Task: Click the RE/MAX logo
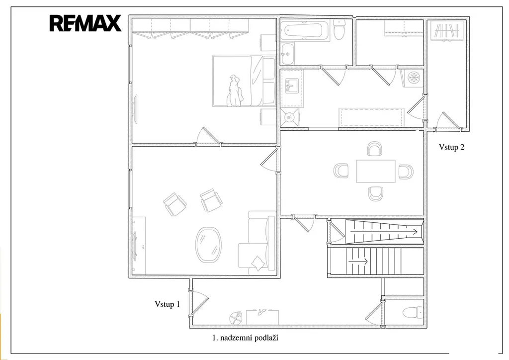pyautogui.click(x=85, y=23)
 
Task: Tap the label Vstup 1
pyautogui.click(x=167, y=304)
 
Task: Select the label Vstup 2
pyautogui.click(x=451, y=147)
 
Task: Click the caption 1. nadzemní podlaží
pyautogui.click(x=246, y=338)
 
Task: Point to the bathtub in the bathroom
pyautogui.click(x=306, y=31)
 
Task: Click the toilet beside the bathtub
pyautogui.click(x=339, y=29)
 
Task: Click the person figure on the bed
pyautogui.click(x=235, y=91)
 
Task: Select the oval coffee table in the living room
pyautogui.click(x=208, y=245)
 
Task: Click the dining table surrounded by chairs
pyautogui.click(x=376, y=171)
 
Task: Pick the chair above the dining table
pyautogui.click(x=374, y=148)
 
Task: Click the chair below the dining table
pyautogui.click(x=376, y=194)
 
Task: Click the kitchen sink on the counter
pyautogui.click(x=292, y=85)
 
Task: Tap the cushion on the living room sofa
pyautogui.click(x=258, y=263)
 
